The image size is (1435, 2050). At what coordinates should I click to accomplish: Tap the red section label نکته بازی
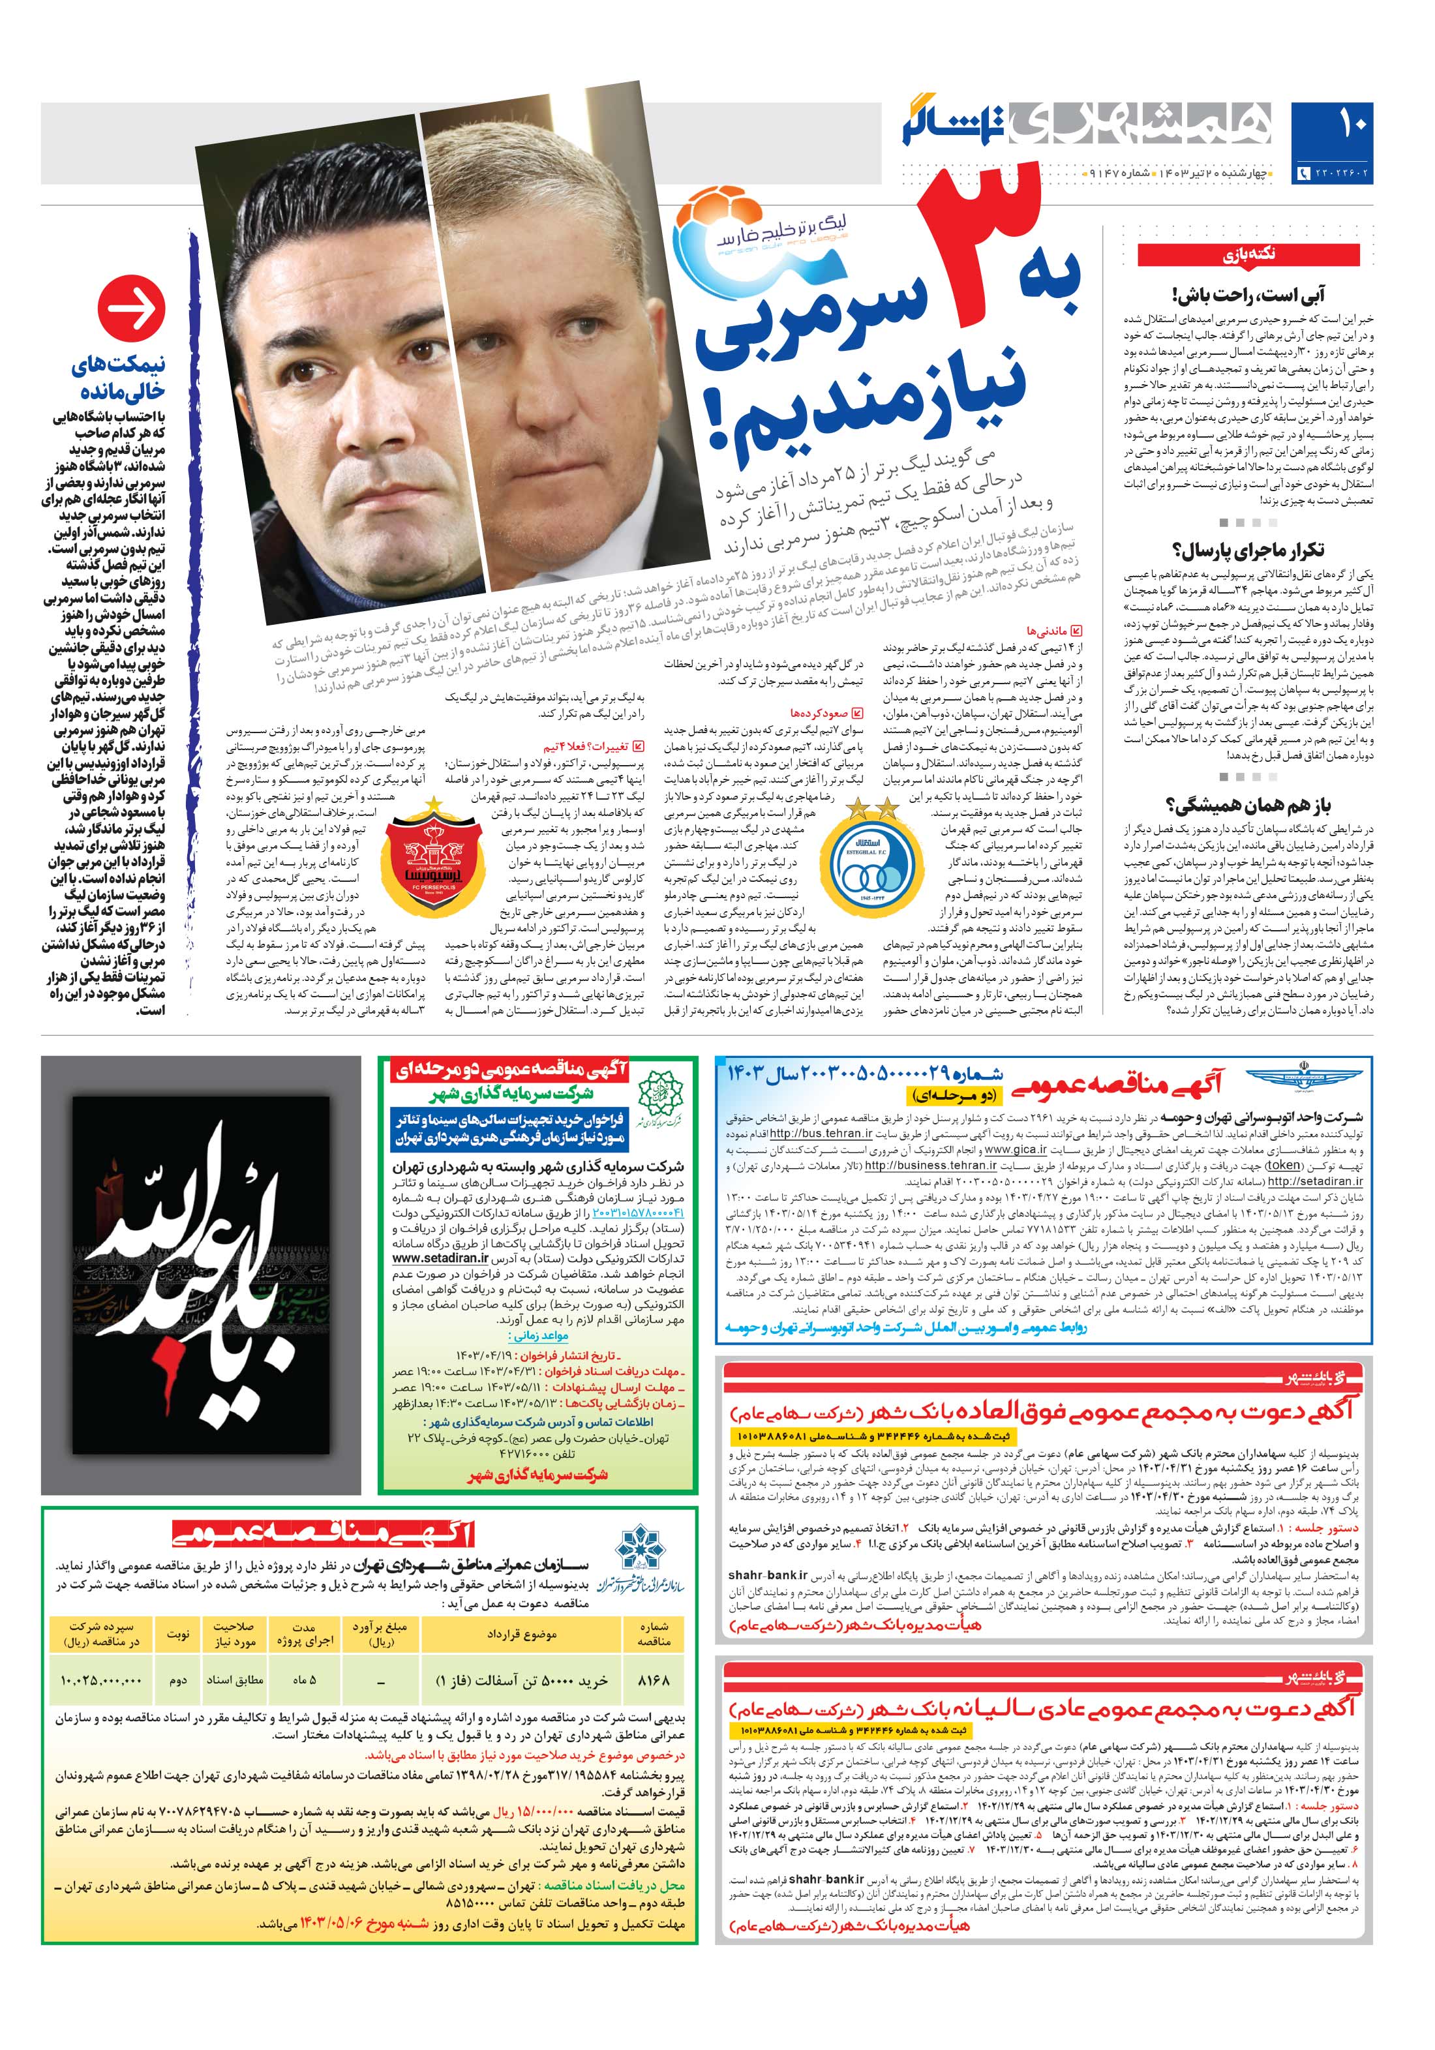pos(1248,254)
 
